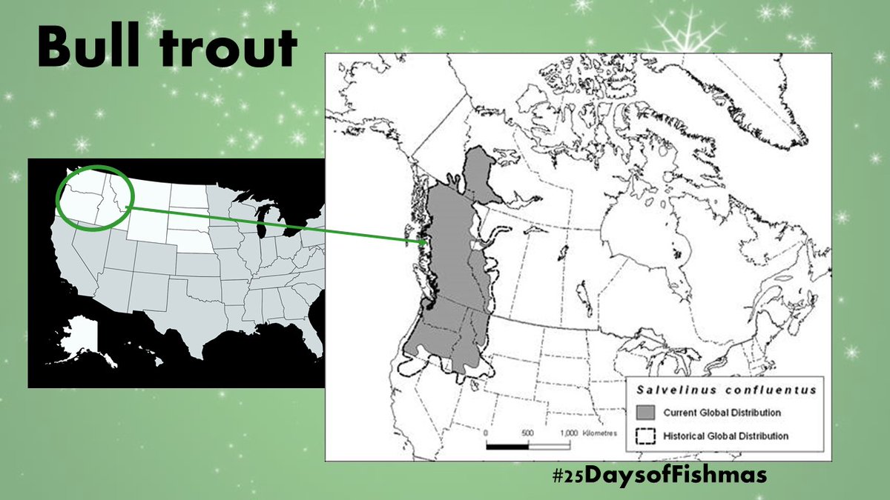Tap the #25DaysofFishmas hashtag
[x=655, y=475]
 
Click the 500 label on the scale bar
[x=527, y=433]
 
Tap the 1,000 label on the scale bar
[x=568, y=433]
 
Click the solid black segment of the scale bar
[x=507, y=446]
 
